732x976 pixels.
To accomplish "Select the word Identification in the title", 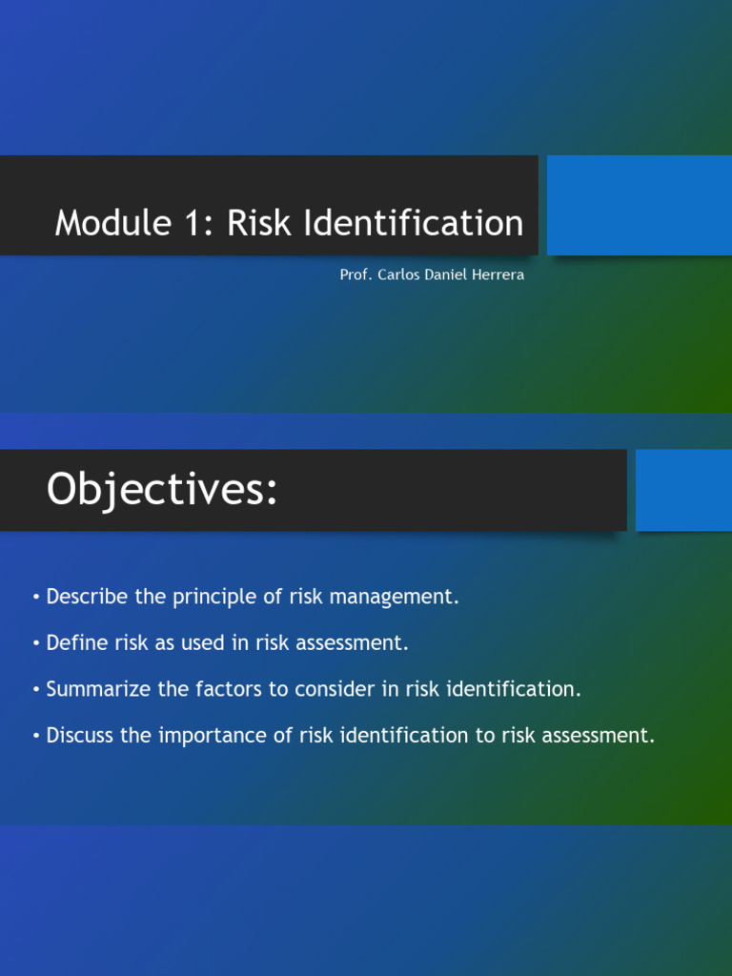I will [x=414, y=223].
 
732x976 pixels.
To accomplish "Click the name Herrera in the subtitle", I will [x=498, y=275].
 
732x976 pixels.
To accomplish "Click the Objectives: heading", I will [x=162, y=490].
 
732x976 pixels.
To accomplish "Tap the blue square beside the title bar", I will [x=639, y=206].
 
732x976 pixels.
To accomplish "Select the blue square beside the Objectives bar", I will [x=683, y=490].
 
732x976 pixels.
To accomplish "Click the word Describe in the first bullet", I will [x=88, y=598].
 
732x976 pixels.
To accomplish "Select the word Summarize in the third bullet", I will [x=98, y=689].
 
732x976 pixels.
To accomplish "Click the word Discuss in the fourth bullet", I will [x=80, y=736].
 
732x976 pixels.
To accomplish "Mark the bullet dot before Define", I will [x=36, y=643].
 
